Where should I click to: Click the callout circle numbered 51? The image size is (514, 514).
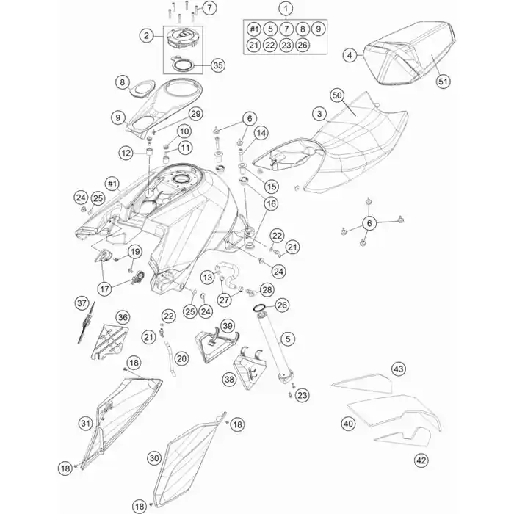tap(443, 81)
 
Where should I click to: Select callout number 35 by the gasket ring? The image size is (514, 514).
tap(218, 65)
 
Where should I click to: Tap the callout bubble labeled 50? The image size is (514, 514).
tap(337, 95)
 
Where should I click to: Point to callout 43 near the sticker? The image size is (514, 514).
tap(399, 369)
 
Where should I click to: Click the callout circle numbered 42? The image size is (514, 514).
tap(421, 460)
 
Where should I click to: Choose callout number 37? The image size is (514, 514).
tap(82, 303)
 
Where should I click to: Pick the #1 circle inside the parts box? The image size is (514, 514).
tap(254, 29)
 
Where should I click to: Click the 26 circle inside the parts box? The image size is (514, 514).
tap(303, 45)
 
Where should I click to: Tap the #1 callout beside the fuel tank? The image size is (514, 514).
tap(112, 184)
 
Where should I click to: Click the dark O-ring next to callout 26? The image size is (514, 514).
tap(260, 308)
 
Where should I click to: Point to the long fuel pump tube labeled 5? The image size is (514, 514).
tap(276, 348)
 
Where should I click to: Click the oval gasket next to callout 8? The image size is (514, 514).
tap(142, 89)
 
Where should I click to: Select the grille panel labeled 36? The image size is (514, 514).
tap(109, 341)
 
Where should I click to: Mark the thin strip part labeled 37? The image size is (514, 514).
tap(87, 322)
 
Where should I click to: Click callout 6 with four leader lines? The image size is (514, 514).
tap(369, 223)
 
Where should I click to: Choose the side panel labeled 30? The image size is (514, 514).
tap(189, 460)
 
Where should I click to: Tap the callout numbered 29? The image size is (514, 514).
tap(196, 114)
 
